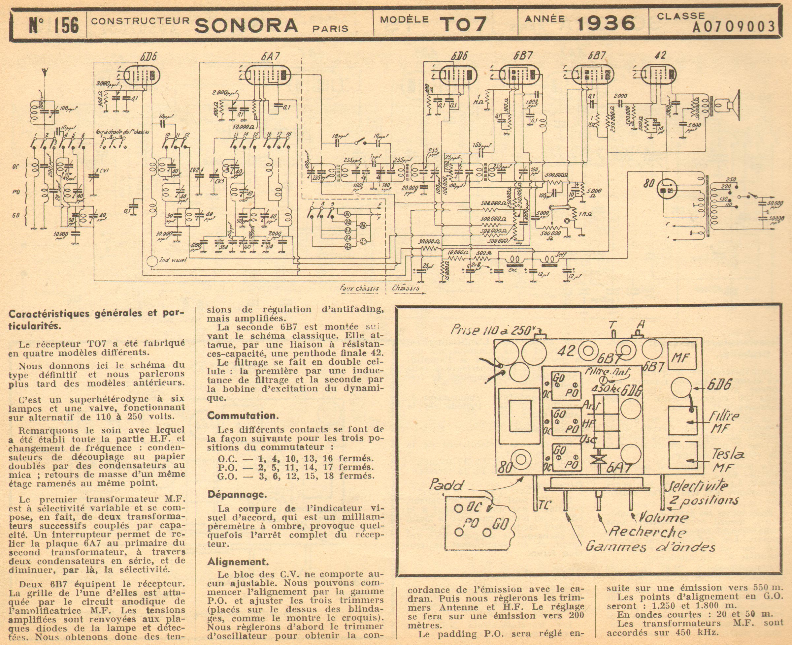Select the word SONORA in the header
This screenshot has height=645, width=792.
click(246, 25)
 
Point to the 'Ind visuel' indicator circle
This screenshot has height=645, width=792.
click(152, 261)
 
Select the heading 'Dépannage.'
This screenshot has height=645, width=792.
click(237, 495)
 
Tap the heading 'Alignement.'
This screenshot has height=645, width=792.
click(238, 561)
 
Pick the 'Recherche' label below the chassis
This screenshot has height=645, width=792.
click(647, 532)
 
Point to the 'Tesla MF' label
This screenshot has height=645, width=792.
click(722, 460)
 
